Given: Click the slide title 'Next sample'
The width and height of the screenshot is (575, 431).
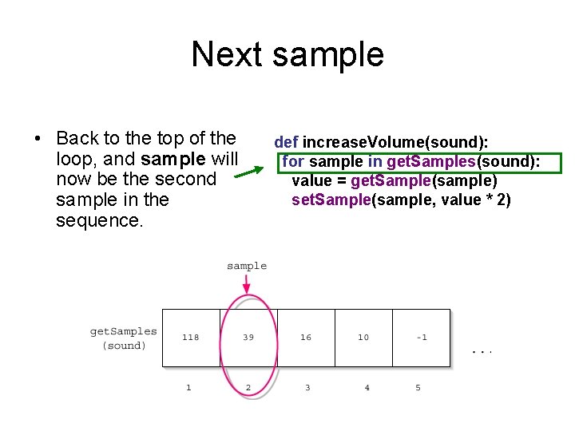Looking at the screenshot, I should pyautogui.click(x=287, y=55).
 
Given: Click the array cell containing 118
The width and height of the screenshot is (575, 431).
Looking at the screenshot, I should pyautogui.click(x=191, y=338).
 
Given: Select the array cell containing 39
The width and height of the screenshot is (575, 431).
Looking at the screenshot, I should pyautogui.click(x=248, y=338).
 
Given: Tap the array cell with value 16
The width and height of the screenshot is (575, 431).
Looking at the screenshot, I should pyautogui.click(x=306, y=338).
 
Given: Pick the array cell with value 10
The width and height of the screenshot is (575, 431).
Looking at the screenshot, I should pyautogui.click(x=363, y=338).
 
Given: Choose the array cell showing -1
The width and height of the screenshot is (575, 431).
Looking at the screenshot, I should pyautogui.click(x=421, y=338).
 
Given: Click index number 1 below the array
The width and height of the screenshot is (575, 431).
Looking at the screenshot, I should pyautogui.click(x=189, y=388).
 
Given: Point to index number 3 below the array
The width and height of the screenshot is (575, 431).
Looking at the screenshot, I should pyautogui.click(x=307, y=388).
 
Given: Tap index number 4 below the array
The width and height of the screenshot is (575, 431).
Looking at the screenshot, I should pyautogui.click(x=367, y=388).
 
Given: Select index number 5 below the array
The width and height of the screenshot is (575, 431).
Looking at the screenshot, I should pyautogui.click(x=418, y=388).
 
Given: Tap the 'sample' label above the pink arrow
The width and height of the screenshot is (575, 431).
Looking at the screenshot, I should pyautogui.click(x=247, y=266).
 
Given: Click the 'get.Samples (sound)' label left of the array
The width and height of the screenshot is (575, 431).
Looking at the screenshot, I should pyautogui.click(x=124, y=338).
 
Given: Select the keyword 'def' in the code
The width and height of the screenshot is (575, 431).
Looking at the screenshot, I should pyautogui.click(x=286, y=142).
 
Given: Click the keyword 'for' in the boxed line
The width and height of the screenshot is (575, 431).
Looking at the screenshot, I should pyautogui.click(x=293, y=162).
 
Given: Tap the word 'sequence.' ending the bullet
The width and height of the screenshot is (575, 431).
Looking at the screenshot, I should pyautogui.click(x=100, y=220).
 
